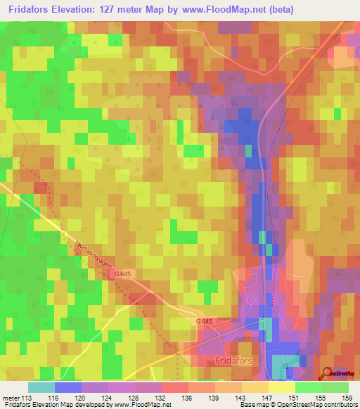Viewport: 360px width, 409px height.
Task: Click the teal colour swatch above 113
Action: (41, 387)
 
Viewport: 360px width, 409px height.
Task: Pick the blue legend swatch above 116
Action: (68, 387)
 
